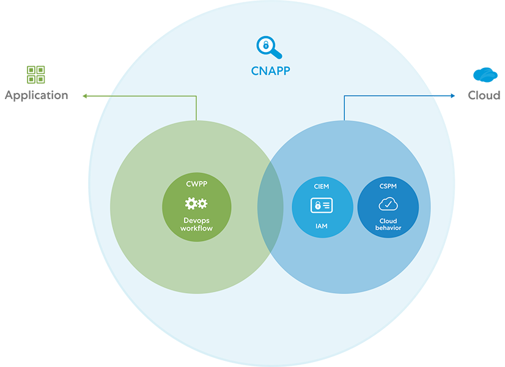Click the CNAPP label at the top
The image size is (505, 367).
tap(270, 70)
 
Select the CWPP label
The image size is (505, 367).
tap(196, 183)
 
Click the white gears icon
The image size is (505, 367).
tap(196, 204)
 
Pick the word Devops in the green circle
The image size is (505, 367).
tap(196, 220)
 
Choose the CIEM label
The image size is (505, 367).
tap(322, 186)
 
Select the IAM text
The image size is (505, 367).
tap(322, 226)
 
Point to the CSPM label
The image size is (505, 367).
tap(388, 186)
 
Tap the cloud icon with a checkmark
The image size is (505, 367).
tap(388, 204)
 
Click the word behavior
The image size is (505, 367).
tap(388, 228)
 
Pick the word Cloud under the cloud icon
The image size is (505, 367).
tap(388, 221)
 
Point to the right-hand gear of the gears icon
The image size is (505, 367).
tap(202, 204)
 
